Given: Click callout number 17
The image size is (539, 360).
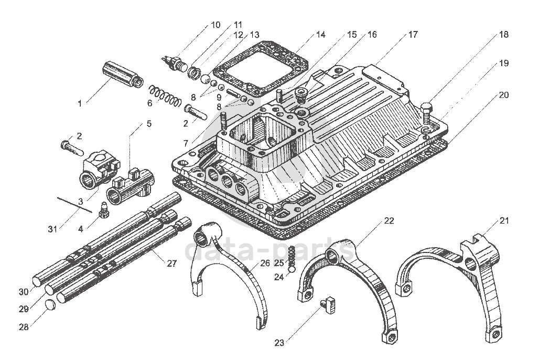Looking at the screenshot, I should [x=413, y=35].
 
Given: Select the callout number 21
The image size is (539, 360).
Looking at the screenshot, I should [x=503, y=221].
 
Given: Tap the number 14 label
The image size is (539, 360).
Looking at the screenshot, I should [x=320, y=35].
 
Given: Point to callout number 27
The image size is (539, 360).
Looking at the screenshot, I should [x=171, y=263].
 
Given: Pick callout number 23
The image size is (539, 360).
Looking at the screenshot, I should [x=279, y=343].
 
